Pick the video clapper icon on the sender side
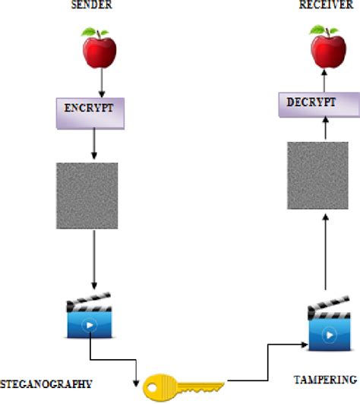[x=90, y=318]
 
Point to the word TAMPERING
[x=326, y=378]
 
